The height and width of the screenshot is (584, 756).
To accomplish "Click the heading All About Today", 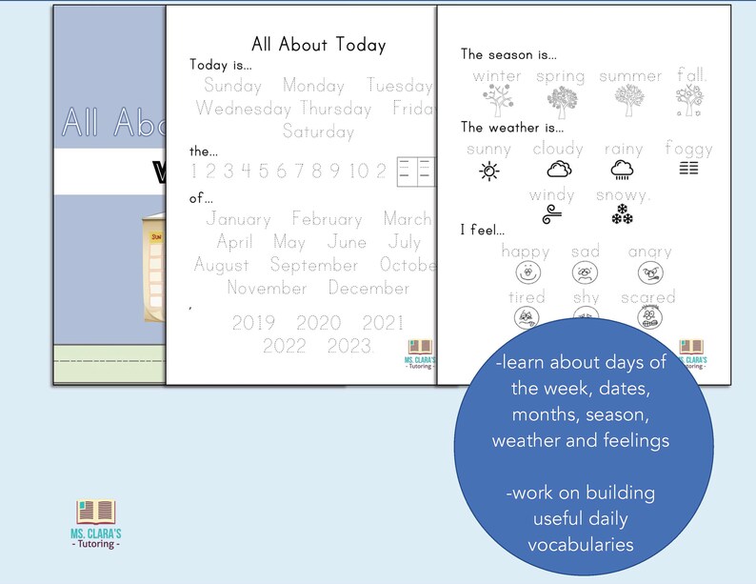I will pyautogui.click(x=318, y=44).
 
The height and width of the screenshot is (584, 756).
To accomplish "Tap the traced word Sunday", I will pyautogui.click(x=232, y=86).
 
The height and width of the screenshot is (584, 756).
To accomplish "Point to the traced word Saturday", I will pyautogui.click(x=318, y=131).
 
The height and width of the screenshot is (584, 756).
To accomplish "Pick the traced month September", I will pyautogui.click(x=314, y=265).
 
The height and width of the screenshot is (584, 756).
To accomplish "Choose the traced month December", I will pyautogui.click(x=369, y=288).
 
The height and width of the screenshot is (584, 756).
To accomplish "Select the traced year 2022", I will pyautogui.click(x=285, y=345).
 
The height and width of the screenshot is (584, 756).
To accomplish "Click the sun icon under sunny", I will pyautogui.click(x=488, y=171).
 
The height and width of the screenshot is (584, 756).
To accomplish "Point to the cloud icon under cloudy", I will pyautogui.click(x=559, y=171).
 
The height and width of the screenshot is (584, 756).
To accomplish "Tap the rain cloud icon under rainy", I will pyautogui.click(x=623, y=171).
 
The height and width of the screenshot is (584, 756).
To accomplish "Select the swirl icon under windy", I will pyautogui.click(x=551, y=216).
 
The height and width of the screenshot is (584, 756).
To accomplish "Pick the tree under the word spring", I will pyautogui.click(x=560, y=100).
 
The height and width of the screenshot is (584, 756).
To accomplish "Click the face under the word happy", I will pyautogui.click(x=525, y=273).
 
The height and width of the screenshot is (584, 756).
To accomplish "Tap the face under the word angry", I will pyautogui.click(x=650, y=273).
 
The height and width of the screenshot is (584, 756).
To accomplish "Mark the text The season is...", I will pyautogui.click(x=508, y=54).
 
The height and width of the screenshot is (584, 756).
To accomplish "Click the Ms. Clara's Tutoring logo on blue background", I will pyautogui.click(x=95, y=522).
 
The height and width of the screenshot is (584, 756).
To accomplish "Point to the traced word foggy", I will pyautogui.click(x=688, y=149).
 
